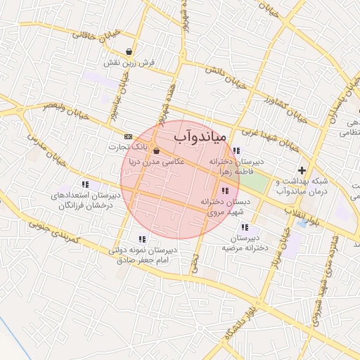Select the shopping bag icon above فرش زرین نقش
pyautogui.click(x=129, y=52)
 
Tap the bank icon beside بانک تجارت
pyautogui.click(x=128, y=136)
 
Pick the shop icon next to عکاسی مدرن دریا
pyautogui.click(x=155, y=150)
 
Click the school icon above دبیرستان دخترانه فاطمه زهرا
pyautogui.click(x=237, y=150)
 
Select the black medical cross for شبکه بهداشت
pyautogui.click(x=302, y=170)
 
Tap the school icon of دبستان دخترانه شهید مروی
pyautogui.click(x=224, y=191)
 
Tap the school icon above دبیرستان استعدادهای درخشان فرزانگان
pyautogui.click(x=85, y=184)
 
